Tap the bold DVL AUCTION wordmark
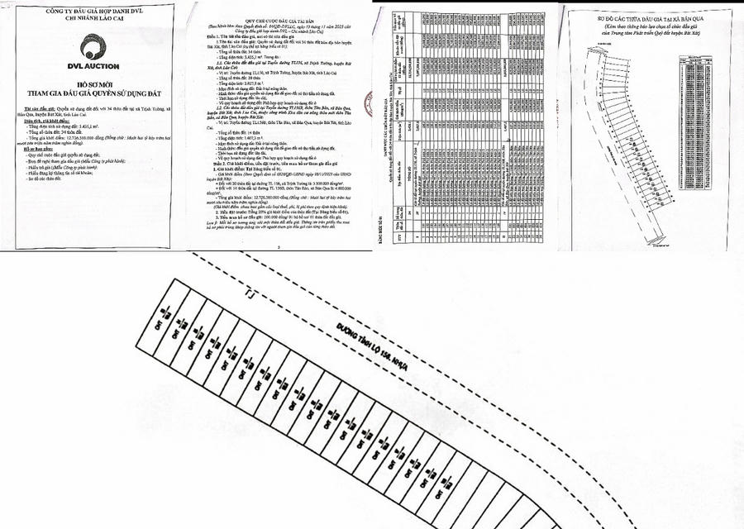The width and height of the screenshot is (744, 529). pos(93,66)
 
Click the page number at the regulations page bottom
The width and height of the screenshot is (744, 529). pos(279,246)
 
